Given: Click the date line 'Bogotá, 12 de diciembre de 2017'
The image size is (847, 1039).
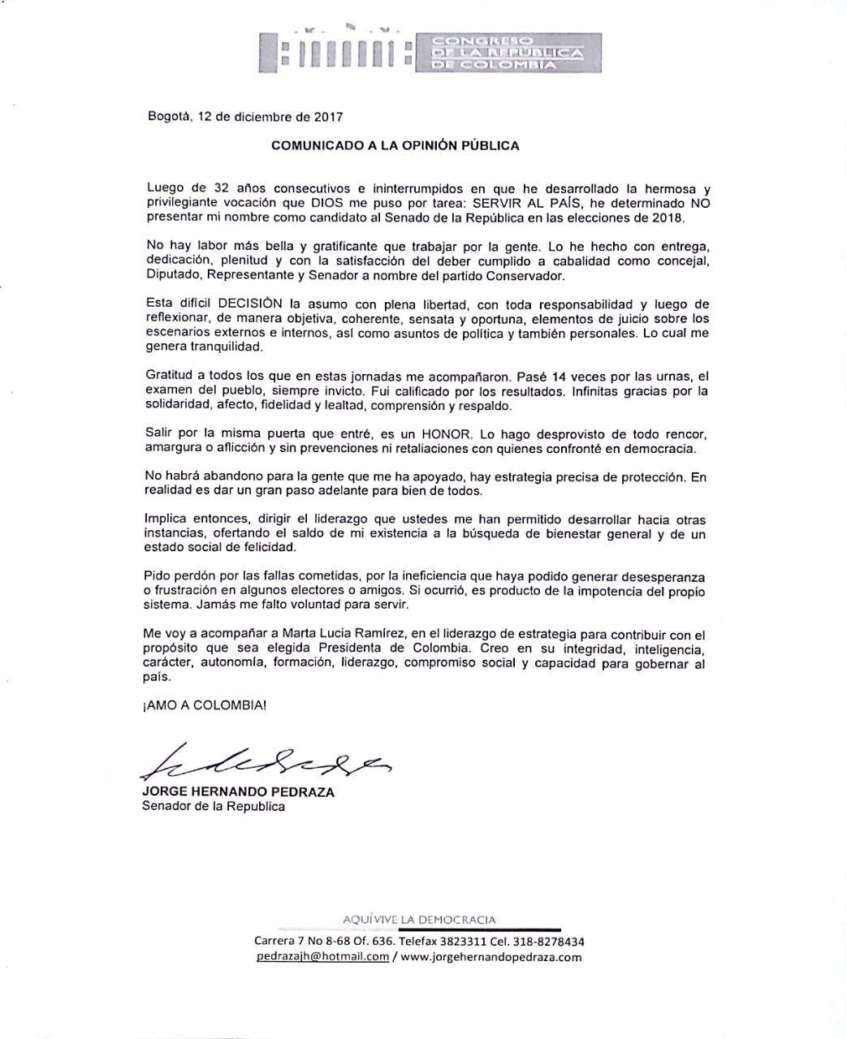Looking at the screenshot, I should [240, 116].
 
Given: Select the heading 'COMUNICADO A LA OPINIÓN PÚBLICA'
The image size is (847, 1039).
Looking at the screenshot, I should [395, 146].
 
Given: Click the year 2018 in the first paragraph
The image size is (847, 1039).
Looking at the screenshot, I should [668, 218].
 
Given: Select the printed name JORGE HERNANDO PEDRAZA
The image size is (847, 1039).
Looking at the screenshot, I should [238, 792].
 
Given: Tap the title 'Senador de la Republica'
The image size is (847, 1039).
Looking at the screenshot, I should [214, 807].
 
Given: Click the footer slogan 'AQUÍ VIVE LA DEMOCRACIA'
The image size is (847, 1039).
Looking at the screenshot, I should [419, 920].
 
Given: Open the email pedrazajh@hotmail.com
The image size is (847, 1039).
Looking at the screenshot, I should [322, 956].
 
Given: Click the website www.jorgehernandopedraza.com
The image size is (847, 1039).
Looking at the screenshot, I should [490, 956].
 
